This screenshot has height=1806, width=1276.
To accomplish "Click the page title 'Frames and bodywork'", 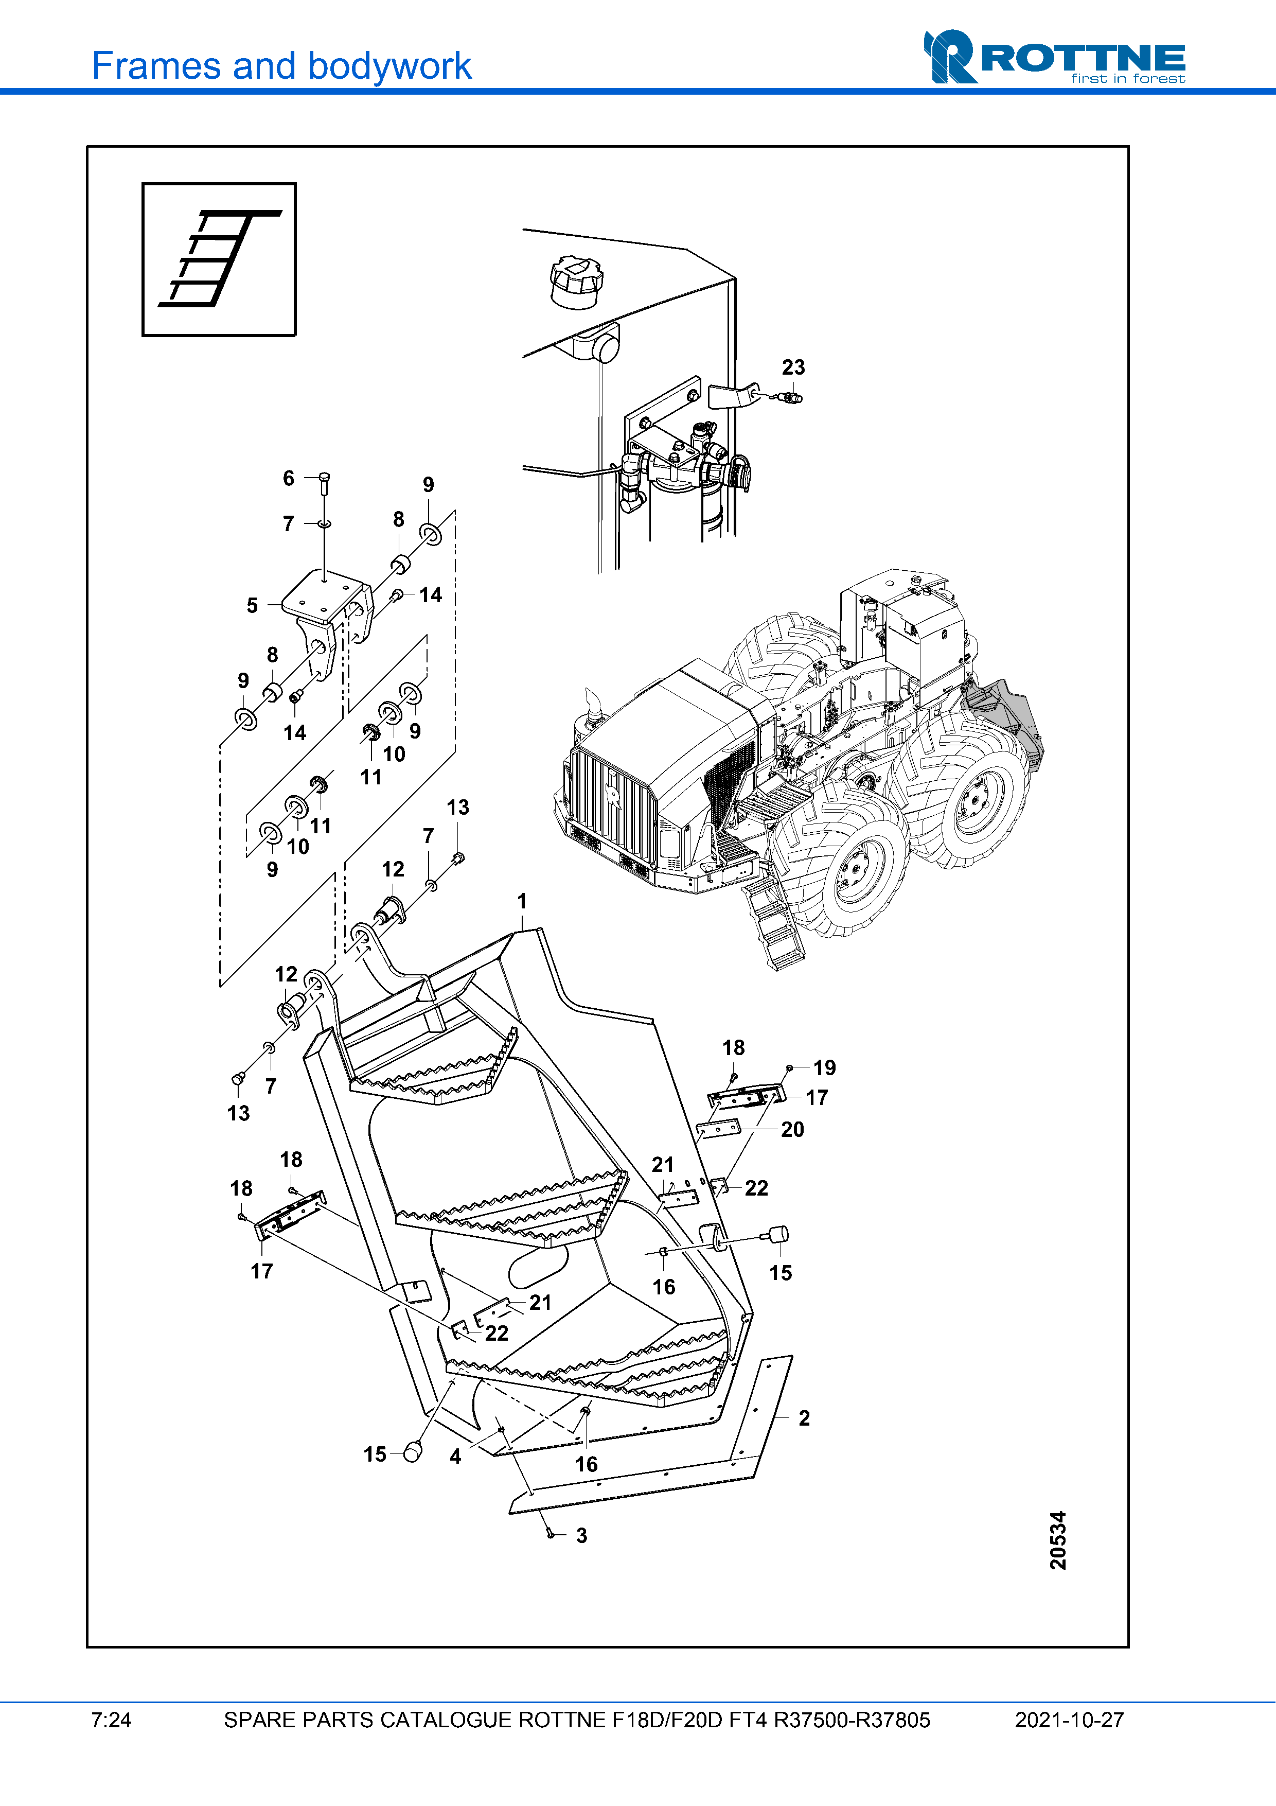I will (x=281, y=66).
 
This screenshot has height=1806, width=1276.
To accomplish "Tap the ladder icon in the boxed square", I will (x=219, y=259).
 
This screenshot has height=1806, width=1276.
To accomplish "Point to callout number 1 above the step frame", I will (x=522, y=901).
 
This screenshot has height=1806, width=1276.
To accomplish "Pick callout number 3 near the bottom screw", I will (x=582, y=1535).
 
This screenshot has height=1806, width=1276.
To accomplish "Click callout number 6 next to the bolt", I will (x=289, y=478).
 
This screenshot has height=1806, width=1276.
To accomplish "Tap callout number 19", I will (x=824, y=1067).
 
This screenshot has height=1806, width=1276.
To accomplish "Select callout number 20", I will (x=792, y=1130).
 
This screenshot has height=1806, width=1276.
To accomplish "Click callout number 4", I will (x=455, y=1457).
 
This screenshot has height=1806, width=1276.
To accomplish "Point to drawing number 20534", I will (x=1058, y=1540).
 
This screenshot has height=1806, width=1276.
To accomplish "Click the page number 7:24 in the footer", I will (x=111, y=1720).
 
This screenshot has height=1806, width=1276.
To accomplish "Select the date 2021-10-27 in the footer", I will (x=1069, y=1720).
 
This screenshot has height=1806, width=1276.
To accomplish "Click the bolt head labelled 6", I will (x=324, y=478).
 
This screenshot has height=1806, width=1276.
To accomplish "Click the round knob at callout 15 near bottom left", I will (x=412, y=1453).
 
